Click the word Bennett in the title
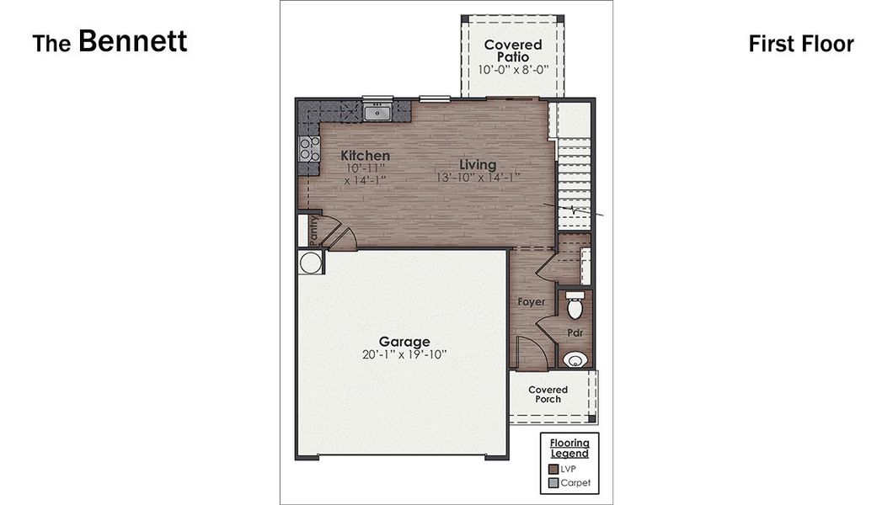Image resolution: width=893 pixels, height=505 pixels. tap(133, 41)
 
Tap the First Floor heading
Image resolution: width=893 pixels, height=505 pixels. tap(800, 44)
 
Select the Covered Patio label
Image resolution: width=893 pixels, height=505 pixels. tap(513, 50)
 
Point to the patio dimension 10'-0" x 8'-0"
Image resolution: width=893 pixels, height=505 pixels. tap(513, 70)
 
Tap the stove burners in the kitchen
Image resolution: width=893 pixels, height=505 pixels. tap(309, 150)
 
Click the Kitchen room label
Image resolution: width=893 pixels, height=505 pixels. tap(365, 156)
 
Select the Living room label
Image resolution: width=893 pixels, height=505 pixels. tap(478, 164)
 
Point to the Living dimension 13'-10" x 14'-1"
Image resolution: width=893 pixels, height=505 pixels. tap(478, 178)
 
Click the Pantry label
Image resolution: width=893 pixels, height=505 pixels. tap(313, 230)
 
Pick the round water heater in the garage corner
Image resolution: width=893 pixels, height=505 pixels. tap(310, 263)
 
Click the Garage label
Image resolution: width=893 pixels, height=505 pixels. tap(404, 342)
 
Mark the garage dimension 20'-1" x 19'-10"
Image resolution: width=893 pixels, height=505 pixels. tap(404, 355)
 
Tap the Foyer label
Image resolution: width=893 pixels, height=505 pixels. tap(531, 301)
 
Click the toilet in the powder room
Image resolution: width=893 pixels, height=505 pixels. tap(575, 306)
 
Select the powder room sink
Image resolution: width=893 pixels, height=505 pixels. tap(575, 360)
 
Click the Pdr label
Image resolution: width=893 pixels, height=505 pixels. tap(575, 333)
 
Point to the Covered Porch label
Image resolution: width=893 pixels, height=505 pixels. tap(548, 394)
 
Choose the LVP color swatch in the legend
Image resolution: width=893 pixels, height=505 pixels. tap(553, 469)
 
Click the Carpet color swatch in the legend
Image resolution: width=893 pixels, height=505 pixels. tap(553, 483)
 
